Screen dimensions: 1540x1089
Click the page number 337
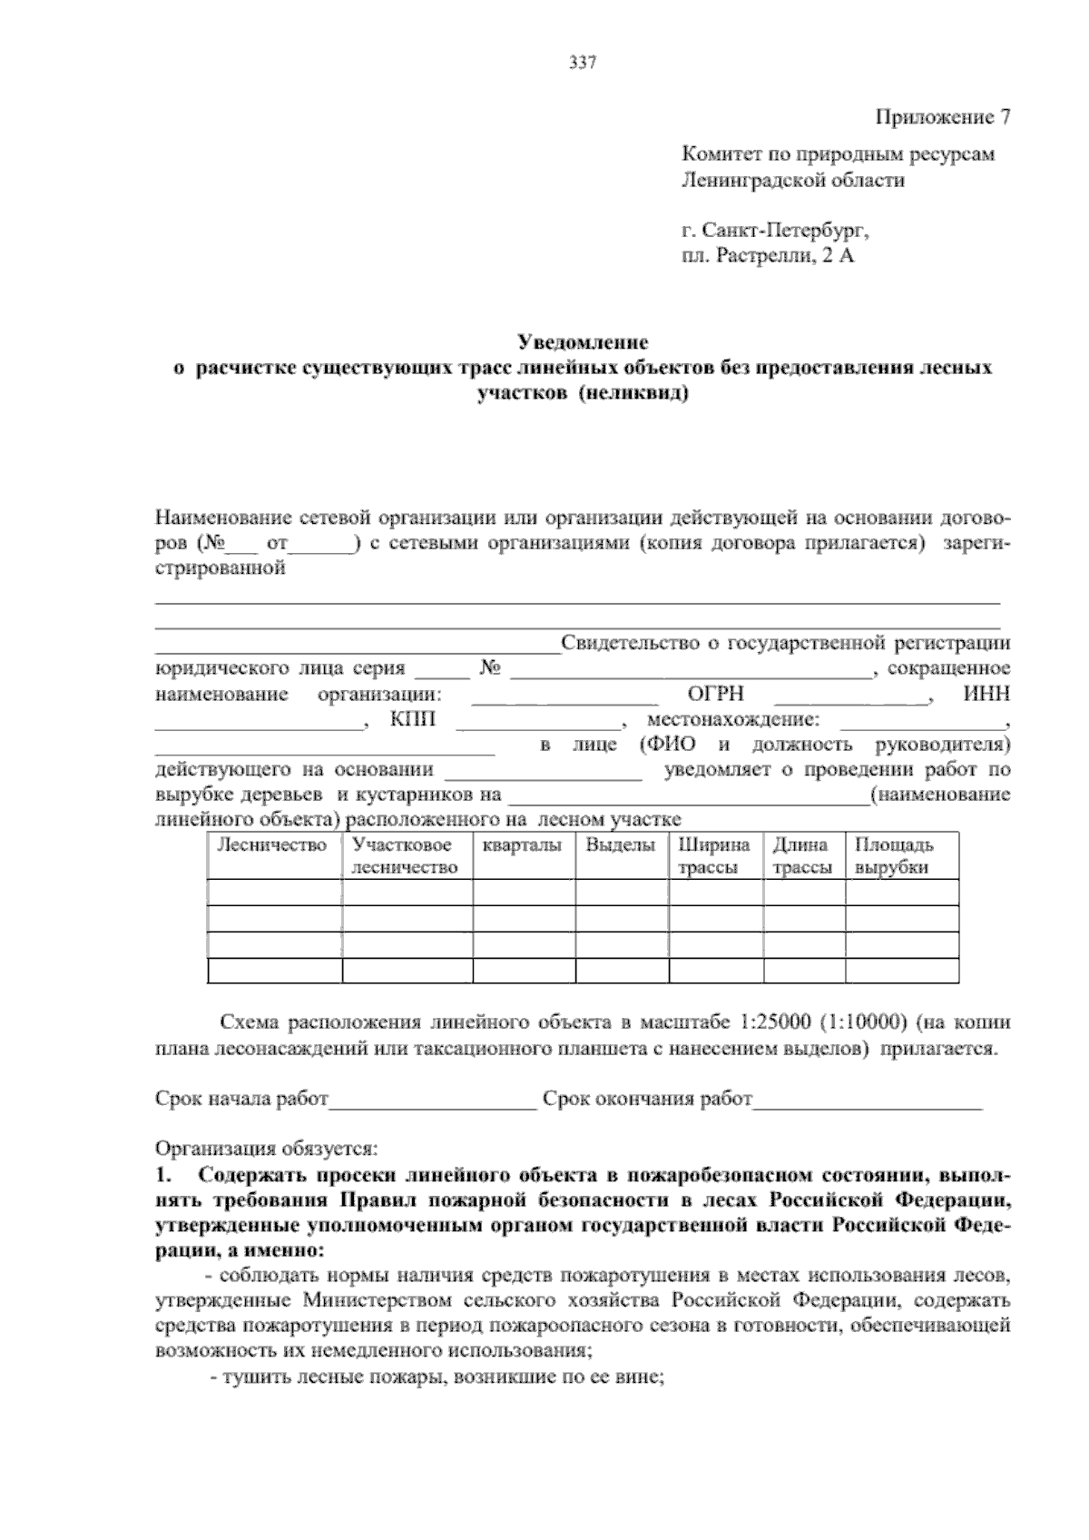[x=582, y=63]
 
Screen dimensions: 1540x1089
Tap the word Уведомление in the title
[x=583, y=342]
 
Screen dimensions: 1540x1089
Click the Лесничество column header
[x=272, y=845]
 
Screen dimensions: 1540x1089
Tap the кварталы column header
[x=522, y=845]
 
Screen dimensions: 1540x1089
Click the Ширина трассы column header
[x=714, y=856]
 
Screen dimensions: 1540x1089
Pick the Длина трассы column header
[x=802, y=856]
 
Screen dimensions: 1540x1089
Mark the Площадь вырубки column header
[x=894, y=856]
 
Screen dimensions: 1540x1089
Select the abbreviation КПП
[x=413, y=720]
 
